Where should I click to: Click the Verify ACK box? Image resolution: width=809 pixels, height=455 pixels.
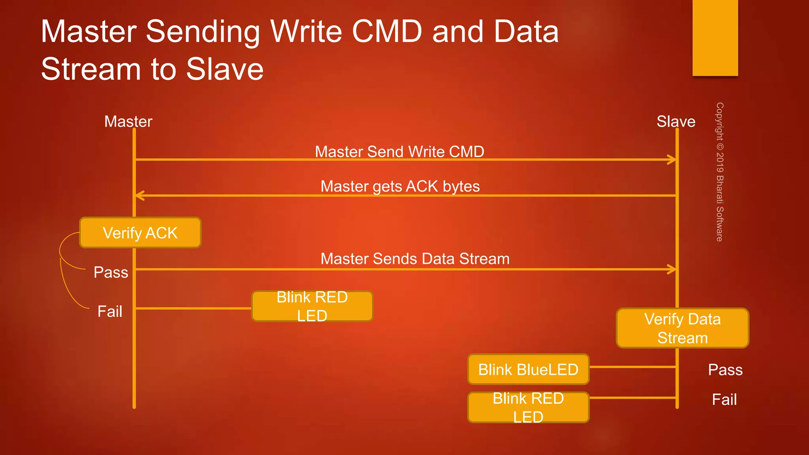[x=140, y=233]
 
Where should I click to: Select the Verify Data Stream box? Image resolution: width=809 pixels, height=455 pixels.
[x=682, y=328]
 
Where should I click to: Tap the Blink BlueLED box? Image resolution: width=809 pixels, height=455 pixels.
[x=528, y=369]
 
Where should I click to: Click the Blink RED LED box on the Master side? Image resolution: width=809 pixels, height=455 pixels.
[x=312, y=306]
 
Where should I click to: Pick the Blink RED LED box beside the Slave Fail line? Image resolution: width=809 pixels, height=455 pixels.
[x=528, y=407]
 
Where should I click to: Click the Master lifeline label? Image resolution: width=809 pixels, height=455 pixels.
[x=128, y=121]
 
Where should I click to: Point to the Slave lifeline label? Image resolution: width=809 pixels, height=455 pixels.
[x=675, y=121]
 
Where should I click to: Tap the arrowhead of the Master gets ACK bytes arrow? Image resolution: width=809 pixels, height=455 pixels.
[x=139, y=196]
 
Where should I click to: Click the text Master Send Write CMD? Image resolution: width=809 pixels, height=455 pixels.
[x=399, y=152]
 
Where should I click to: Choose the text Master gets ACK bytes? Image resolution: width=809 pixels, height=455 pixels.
[x=400, y=186]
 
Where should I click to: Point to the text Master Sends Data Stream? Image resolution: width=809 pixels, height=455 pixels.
[x=415, y=259]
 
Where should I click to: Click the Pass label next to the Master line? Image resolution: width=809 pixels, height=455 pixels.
[x=111, y=272]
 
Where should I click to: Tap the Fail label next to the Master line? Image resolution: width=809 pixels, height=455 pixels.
[x=109, y=311]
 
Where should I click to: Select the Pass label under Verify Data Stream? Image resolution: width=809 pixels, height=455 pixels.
[x=725, y=370]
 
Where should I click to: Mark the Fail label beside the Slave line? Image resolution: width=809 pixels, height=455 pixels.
[x=724, y=399]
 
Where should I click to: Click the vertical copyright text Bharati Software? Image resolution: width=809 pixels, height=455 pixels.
[x=720, y=172]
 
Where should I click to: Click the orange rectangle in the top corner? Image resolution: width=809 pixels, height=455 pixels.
[x=715, y=38]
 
